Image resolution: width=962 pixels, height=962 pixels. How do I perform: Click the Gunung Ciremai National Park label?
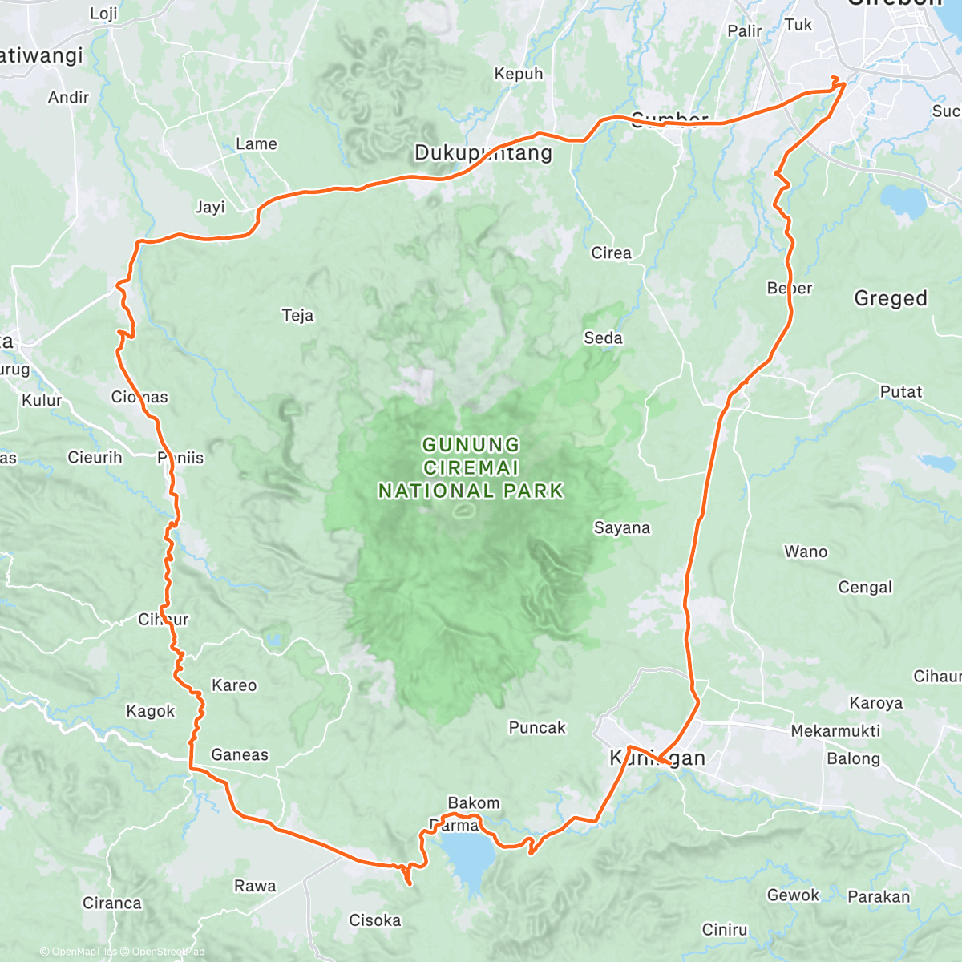471,467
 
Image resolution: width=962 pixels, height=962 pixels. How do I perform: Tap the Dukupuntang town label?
483,153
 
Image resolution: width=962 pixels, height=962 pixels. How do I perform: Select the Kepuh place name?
519,74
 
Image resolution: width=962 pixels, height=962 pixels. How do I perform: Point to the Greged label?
891,298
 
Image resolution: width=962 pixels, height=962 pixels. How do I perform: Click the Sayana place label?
622,527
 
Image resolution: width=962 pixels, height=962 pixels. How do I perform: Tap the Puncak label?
537,727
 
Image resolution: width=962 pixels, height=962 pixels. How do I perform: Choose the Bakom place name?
474,802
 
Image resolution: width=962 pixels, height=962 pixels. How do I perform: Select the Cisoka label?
375,920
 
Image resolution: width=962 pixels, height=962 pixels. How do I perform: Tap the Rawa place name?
255,886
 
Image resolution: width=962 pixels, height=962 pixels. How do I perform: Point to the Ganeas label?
240,754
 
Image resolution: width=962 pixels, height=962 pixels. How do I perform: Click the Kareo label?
234,685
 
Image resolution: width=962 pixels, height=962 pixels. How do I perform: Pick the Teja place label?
297,315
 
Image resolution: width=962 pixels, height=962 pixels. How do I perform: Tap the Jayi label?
210,207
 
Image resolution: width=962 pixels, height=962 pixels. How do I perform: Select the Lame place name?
257,143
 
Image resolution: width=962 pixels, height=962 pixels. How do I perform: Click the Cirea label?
612,253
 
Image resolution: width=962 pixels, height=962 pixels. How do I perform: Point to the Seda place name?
603,338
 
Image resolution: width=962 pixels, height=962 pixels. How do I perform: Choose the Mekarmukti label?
835,730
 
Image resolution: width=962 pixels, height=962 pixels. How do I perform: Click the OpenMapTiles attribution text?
79,952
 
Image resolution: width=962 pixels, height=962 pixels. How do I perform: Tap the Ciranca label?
112,903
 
